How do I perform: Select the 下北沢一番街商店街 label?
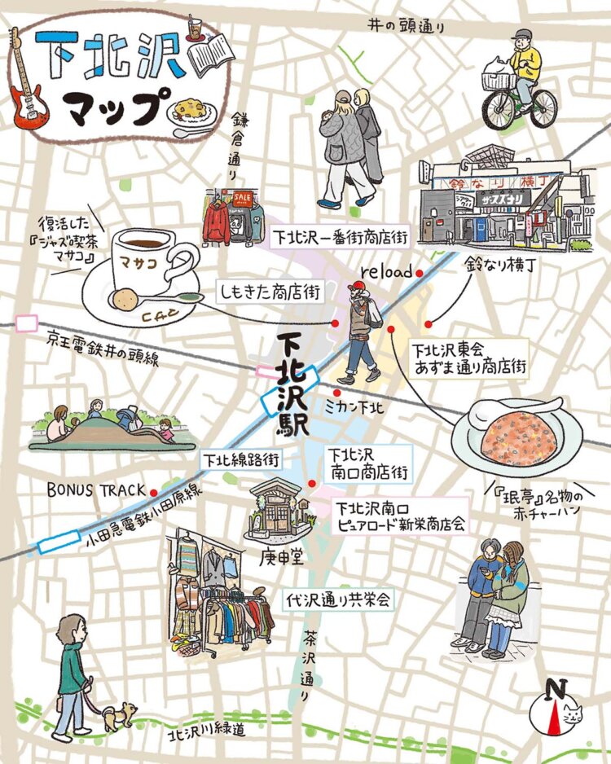coord(339,238)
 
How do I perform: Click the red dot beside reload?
coord(419,274)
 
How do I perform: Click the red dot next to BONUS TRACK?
coord(153,491)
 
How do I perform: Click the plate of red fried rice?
coord(517,437)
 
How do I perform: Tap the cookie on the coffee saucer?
coord(123,301)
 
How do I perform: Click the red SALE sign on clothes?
coord(242,198)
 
